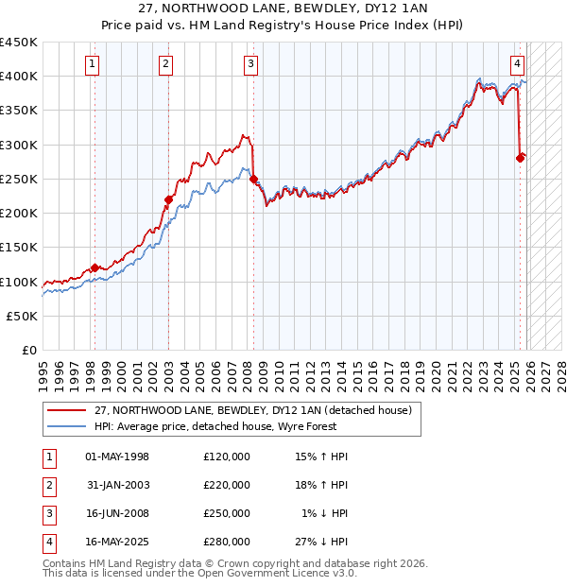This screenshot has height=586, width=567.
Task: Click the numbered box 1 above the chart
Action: (93, 64)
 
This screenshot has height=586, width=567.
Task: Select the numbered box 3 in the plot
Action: (251, 64)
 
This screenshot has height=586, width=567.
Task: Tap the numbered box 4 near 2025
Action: (519, 64)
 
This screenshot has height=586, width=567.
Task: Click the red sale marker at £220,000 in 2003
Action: (168, 199)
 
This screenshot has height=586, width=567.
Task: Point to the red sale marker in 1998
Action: (94, 268)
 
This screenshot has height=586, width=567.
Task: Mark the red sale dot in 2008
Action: (253, 179)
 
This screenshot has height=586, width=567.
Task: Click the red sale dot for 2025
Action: (520, 158)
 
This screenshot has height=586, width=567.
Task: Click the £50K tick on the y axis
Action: (23, 316)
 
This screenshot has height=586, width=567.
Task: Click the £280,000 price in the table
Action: (227, 542)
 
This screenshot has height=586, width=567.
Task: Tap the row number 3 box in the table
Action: (48, 513)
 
